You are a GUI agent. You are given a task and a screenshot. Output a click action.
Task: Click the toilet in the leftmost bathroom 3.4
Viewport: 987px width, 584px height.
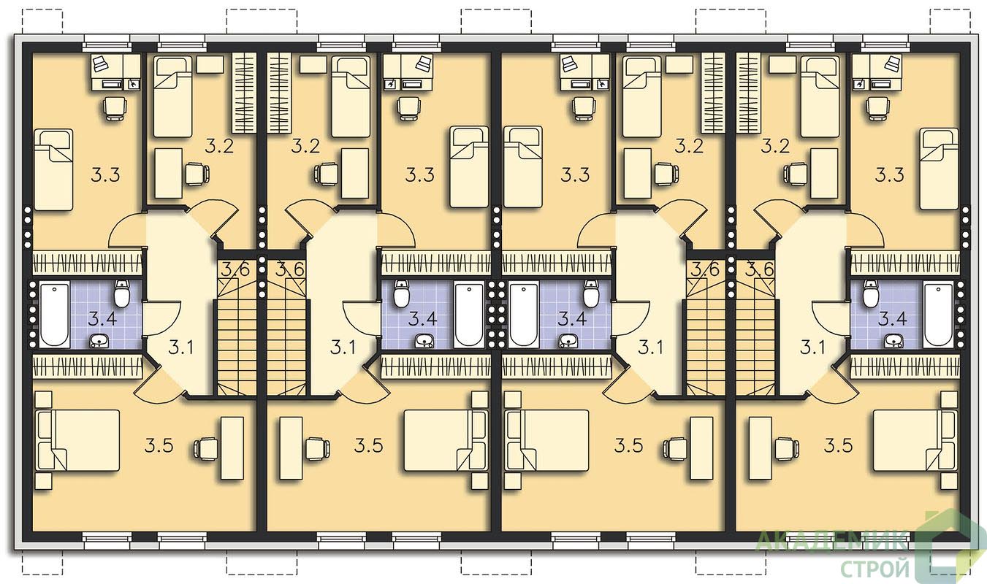tap(121, 293)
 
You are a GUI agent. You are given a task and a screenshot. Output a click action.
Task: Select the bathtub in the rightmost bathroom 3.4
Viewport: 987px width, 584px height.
tap(937, 315)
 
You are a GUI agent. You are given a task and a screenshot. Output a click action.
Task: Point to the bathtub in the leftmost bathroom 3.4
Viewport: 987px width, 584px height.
tap(55, 315)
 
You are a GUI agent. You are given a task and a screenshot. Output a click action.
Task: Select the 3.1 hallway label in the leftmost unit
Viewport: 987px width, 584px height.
tap(181, 348)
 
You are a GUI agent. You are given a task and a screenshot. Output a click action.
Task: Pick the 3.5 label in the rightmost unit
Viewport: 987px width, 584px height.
tap(839, 446)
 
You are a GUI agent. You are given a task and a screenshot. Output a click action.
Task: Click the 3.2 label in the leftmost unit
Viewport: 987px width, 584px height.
tap(219, 146)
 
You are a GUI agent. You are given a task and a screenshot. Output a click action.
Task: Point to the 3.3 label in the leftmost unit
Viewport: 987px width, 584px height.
tap(106, 175)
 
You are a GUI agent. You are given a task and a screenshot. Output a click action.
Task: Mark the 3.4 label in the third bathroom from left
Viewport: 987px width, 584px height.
tap(572, 318)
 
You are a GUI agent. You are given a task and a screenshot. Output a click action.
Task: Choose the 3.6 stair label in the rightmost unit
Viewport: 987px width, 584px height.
tap(760, 269)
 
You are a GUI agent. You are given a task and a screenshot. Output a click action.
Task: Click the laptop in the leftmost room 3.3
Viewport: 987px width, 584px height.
tap(102, 64)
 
